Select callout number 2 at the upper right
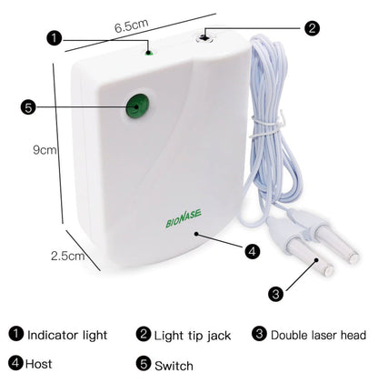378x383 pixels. (312, 28)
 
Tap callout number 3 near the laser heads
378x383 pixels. (274, 293)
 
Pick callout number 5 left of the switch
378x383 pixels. (28, 108)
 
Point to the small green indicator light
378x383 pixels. (148, 53)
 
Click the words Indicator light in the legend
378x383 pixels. (67, 335)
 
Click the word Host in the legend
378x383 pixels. (40, 363)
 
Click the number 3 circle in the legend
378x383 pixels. (260, 334)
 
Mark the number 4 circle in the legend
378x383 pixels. (15, 363)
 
